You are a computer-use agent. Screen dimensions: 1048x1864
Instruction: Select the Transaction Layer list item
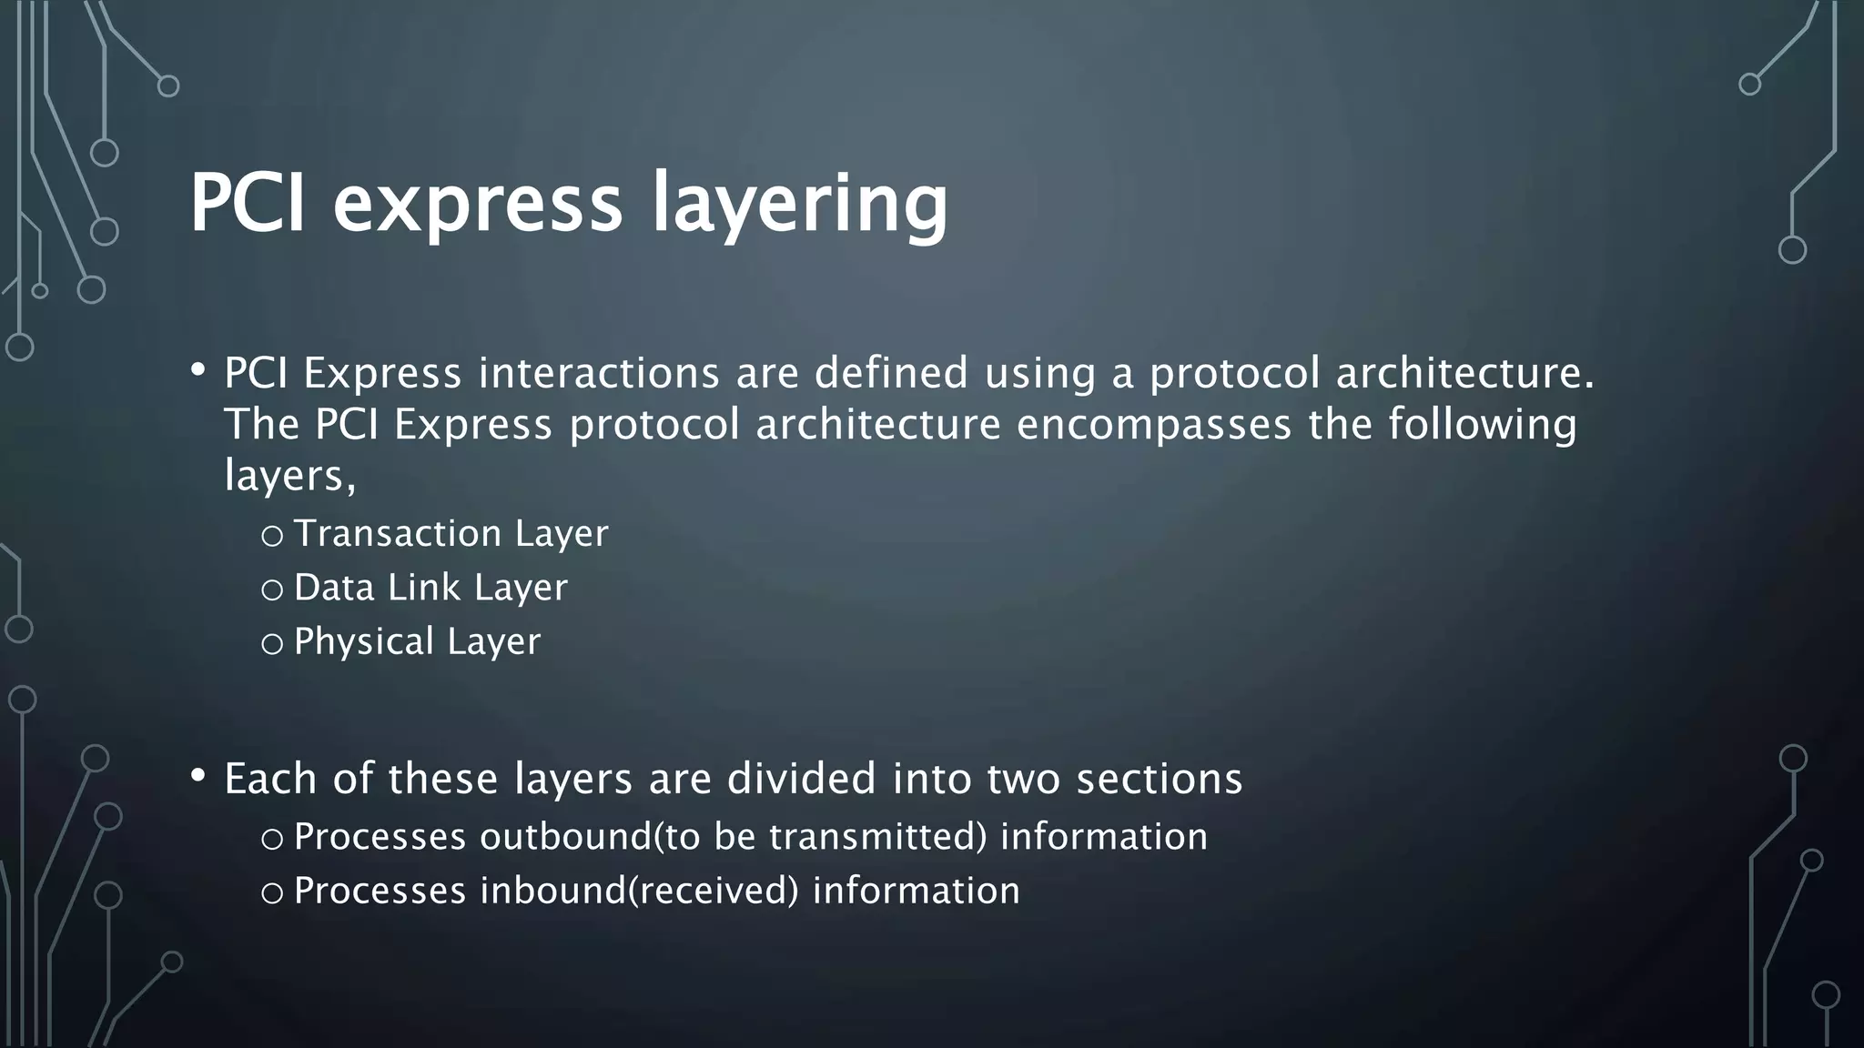click(451, 534)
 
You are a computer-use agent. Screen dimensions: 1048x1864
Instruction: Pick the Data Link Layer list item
click(431, 588)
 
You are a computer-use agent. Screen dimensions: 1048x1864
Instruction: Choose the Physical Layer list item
click(417, 642)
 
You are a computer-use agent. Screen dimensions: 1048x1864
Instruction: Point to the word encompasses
click(1153, 425)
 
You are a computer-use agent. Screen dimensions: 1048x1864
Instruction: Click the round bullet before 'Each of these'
click(198, 776)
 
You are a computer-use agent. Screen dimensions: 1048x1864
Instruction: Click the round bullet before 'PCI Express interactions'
click(198, 370)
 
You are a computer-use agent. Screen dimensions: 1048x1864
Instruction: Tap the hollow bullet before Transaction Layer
click(271, 537)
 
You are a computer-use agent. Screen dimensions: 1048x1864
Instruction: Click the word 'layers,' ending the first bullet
click(289, 476)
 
